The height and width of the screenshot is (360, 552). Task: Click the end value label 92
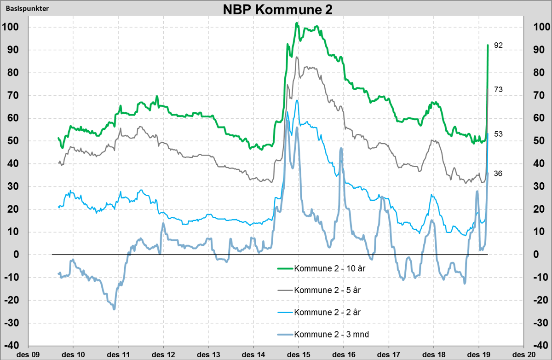pos(499,46)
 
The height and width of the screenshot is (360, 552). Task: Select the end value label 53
pos(499,134)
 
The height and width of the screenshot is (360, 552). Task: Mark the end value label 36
pos(499,173)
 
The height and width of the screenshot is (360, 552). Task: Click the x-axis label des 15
pos(299,354)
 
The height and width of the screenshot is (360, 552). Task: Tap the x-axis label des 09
pos(28,354)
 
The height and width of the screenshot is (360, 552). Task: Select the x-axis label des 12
pos(163,354)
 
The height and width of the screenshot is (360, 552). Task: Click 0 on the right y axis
pos(535,255)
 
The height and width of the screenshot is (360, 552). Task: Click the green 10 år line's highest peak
pos(297,23)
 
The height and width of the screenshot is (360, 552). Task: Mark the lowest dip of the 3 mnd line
pos(113,308)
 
